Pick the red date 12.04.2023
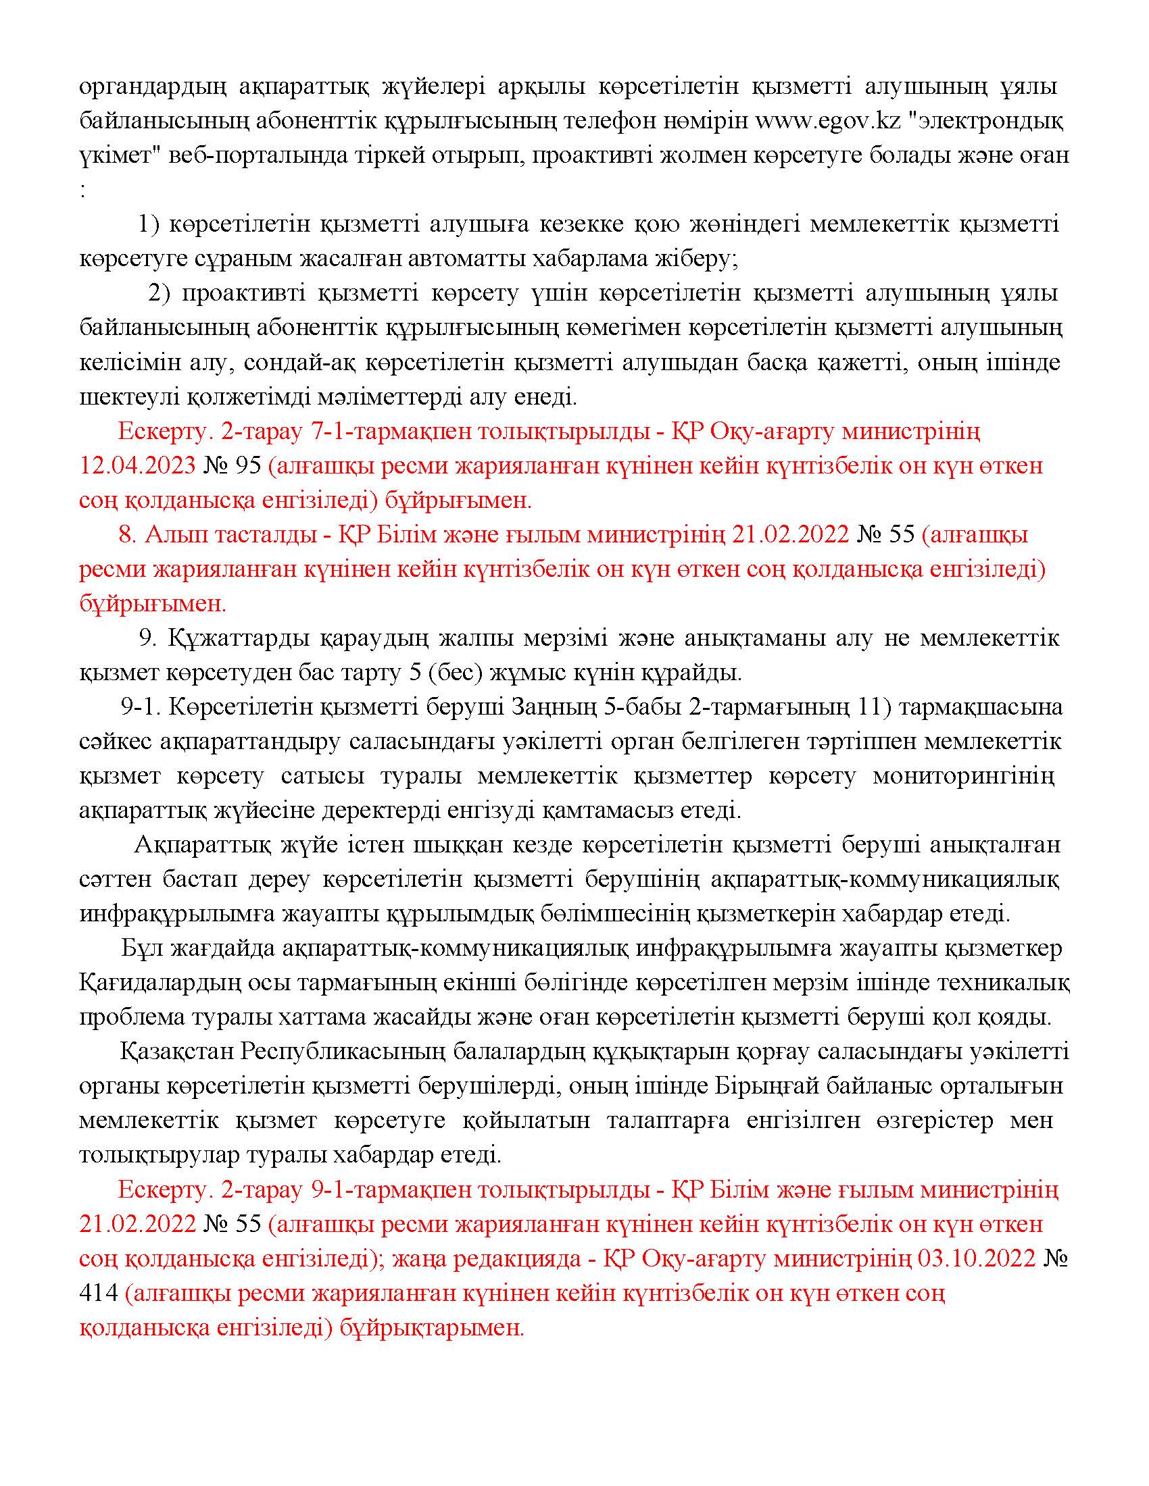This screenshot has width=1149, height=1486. click(x=136, y=466)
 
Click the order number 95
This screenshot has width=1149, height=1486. click(x=247, y=466)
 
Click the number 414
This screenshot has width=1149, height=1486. click(x=99, y=1293)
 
